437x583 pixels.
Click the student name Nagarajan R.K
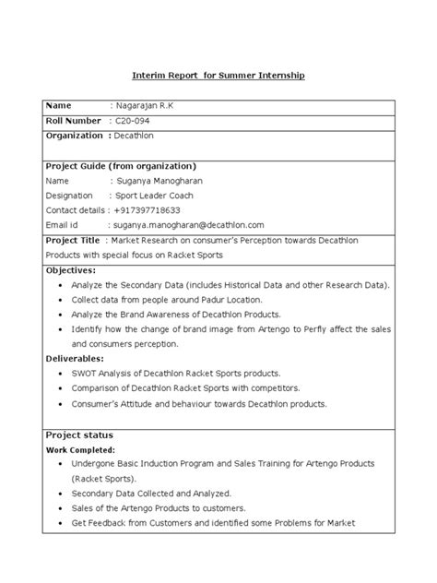144,106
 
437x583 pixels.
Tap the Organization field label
76,136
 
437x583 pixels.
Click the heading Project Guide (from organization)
121,166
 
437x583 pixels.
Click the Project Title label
74,240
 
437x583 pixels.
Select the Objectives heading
71,270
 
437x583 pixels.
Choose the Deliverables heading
75,359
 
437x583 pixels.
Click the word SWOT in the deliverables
85,374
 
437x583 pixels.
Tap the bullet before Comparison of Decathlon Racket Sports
60,388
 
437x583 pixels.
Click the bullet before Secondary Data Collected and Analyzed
60,494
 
